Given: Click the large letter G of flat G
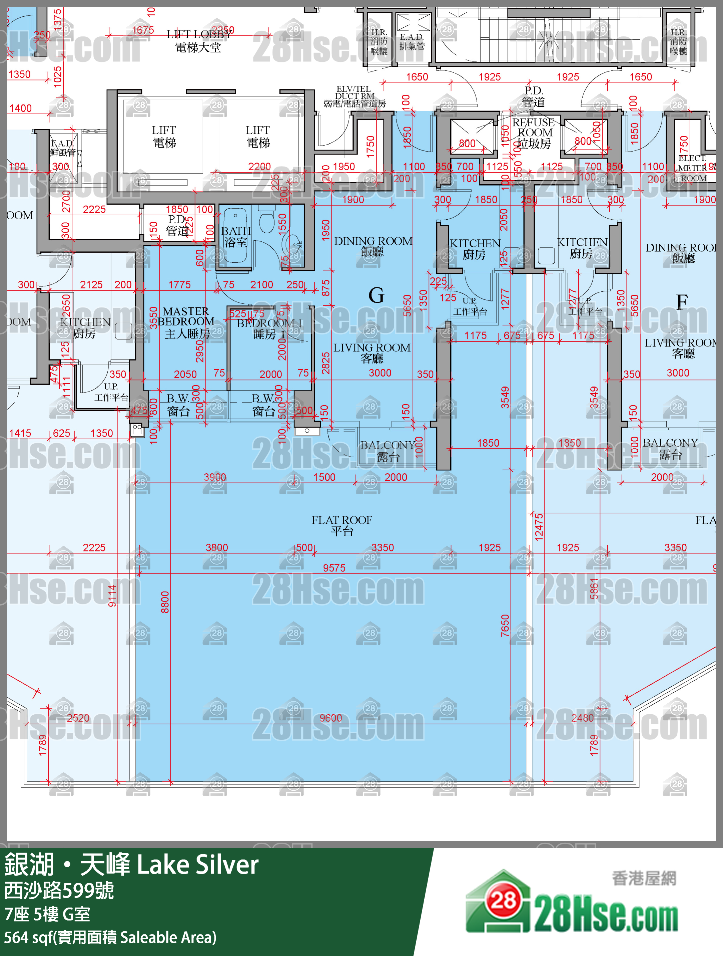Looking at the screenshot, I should tap(376, 296).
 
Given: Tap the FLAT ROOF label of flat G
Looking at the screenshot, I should tap(341, 525).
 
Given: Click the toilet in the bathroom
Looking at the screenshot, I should tap(267, 219).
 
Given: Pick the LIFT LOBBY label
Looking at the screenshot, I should tap(199, 40).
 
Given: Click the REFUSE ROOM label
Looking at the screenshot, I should tap(534, 133).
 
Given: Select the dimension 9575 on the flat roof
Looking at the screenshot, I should tap(334, 568).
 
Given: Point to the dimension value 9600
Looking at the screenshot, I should tap(330, 718).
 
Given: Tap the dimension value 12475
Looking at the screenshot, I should tap(539, 527).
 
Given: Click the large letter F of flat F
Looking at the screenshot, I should tap(682, 302).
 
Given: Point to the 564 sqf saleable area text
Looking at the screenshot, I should tap(110, 937).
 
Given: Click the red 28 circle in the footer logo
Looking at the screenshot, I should tap(504, 900).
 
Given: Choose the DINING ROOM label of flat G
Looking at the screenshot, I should tap(373, 246).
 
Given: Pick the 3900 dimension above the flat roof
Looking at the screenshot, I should tap(215, 477).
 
